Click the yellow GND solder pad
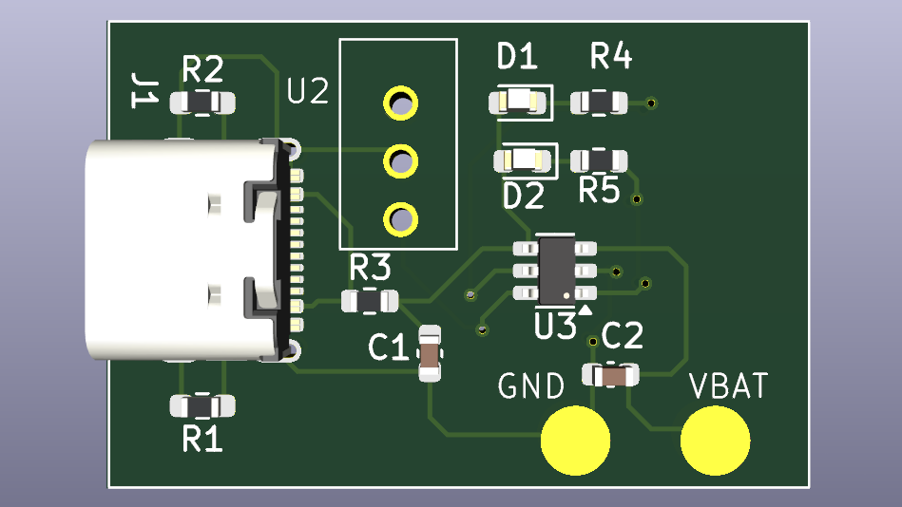pos(575,441)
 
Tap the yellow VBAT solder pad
pos(715,441)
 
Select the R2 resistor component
pos(202,103)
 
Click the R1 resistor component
pos(202,405)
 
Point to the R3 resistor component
pos(370,301)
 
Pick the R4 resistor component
pos(599,103)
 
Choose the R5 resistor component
pos(599,160)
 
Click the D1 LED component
pos(518,103)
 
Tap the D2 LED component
pos(523,160)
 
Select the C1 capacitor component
pos(430,353)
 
